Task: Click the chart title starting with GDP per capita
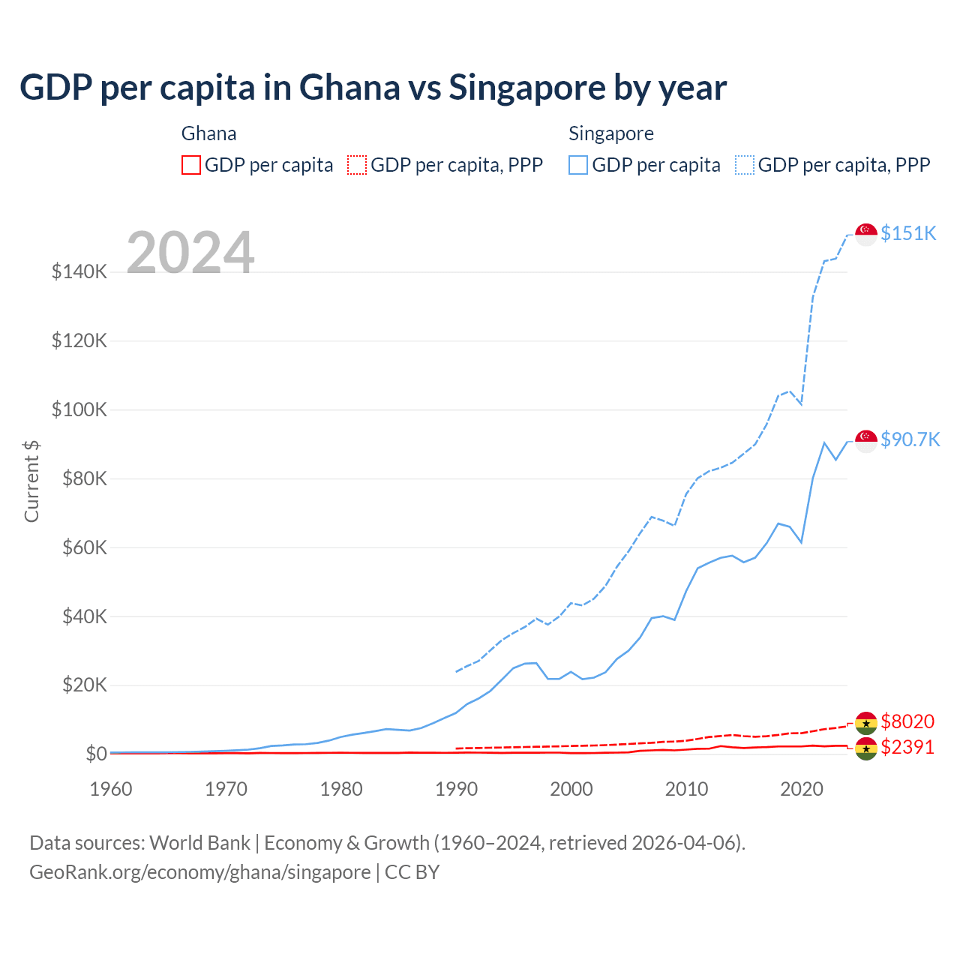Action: click(373, 88)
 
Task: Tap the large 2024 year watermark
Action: click(190, 253)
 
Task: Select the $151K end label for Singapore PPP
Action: click(908, 233)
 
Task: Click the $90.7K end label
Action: click(910, 439)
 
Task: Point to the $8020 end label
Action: click(907, 721)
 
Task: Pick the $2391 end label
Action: click(907, 747)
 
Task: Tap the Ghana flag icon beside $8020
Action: click(866, 722)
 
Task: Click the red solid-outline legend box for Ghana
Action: click(191, 165)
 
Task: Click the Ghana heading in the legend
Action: click(208, 133)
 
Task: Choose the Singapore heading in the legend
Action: click(610, 133)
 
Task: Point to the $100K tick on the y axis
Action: click(79, 409)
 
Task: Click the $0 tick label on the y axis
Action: click(96, 754)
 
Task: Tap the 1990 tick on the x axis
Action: click(456, 789)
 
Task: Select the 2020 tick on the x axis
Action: click(802, 789)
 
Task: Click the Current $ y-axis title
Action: click(31, 481)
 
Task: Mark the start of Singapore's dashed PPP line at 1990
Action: click(456, 671)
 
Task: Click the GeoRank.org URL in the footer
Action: click(199, 872)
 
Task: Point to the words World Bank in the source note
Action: click(199, 843)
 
